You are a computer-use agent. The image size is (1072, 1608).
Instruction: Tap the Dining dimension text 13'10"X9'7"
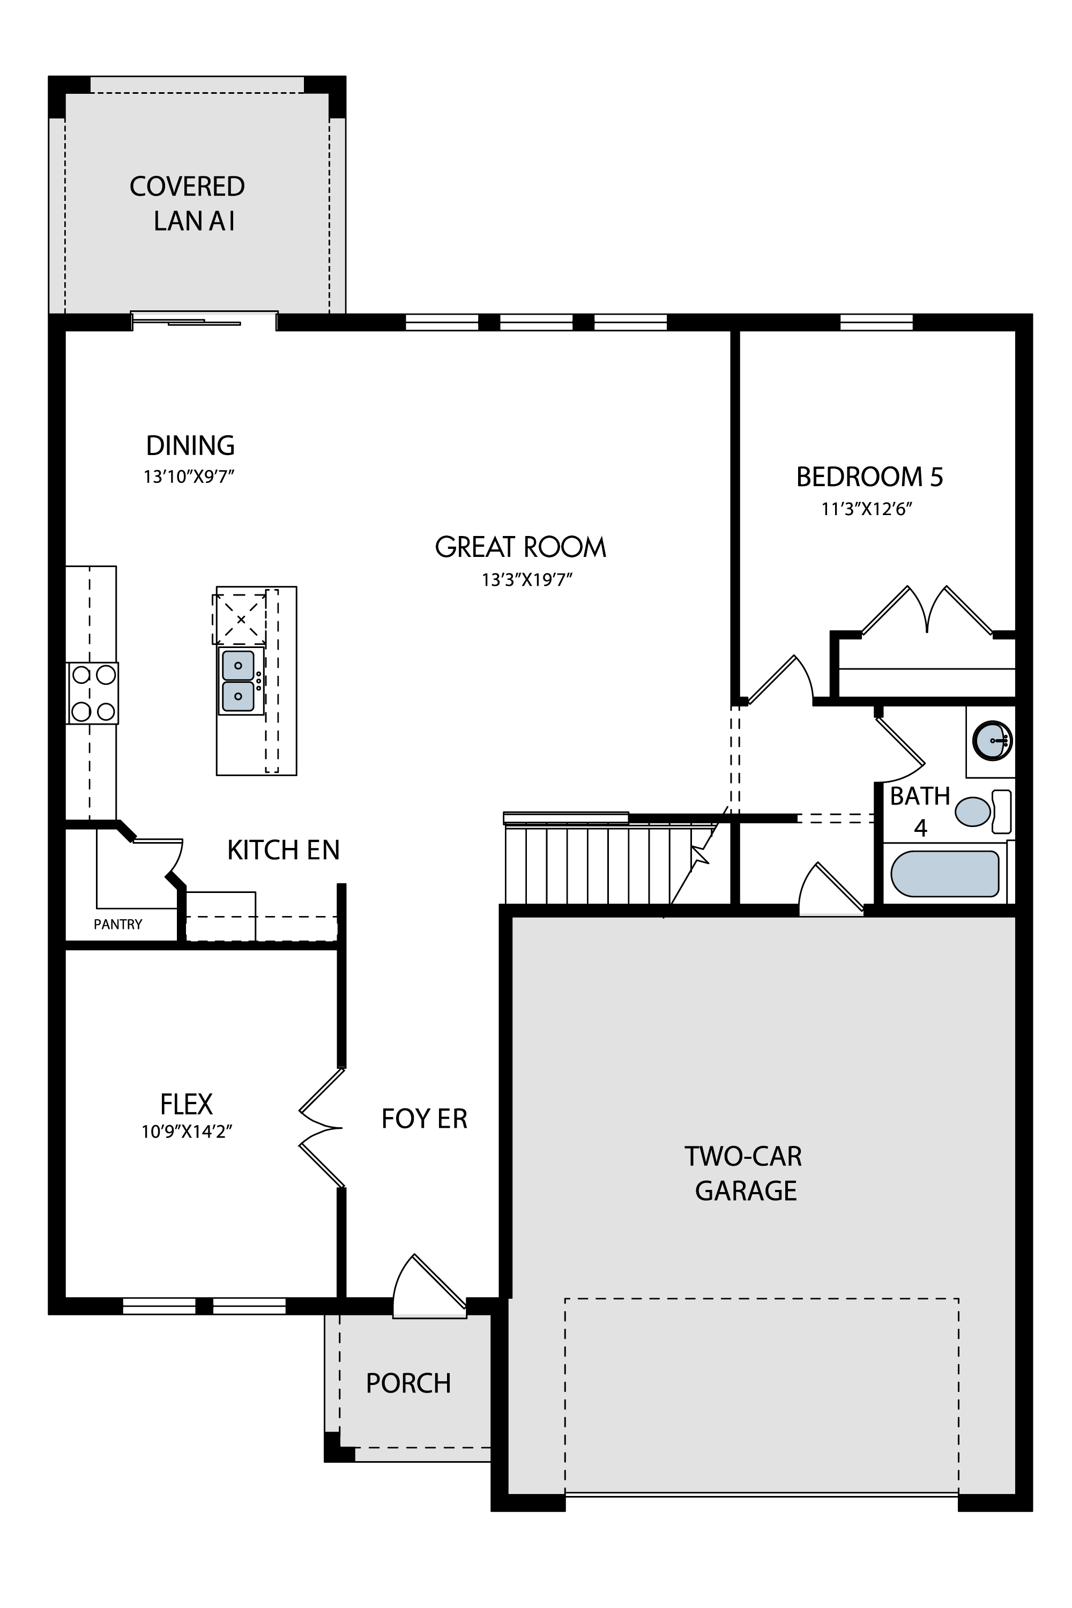pos(189,477)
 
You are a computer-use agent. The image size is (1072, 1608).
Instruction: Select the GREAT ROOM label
pos(520,547)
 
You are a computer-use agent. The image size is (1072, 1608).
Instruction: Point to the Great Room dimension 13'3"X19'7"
pos(526,580)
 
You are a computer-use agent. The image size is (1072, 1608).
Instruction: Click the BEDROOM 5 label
pos(869,477)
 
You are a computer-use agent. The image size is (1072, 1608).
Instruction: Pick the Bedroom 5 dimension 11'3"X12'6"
pos(867,509)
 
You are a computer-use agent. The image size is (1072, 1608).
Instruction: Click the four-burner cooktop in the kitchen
pos(93,693)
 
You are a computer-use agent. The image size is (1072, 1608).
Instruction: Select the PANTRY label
pos(117,924)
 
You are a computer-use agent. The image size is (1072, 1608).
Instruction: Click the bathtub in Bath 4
pos(945,873)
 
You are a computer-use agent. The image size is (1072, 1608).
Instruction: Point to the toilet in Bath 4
pos(982,812)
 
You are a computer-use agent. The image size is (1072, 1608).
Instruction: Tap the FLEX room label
pos(186,1104)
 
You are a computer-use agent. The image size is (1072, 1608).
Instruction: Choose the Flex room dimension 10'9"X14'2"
pos(187,1131)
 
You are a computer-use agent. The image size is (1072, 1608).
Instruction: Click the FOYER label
pos(424,1119)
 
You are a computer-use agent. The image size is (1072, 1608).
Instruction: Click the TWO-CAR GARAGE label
pos(744,1173)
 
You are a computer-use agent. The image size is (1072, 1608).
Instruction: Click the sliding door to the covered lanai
pos(204,321)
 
